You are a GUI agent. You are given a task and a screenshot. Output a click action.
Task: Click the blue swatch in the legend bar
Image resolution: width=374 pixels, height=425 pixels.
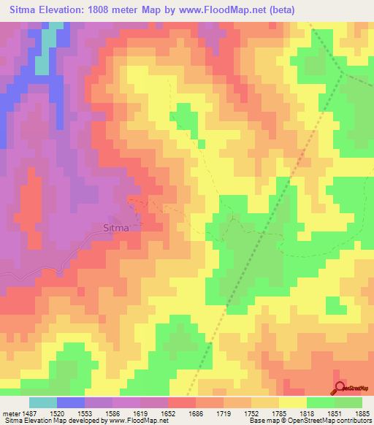point(71,402)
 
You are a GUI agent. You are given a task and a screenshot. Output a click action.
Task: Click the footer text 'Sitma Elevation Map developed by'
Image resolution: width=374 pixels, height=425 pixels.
point(50,421)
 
